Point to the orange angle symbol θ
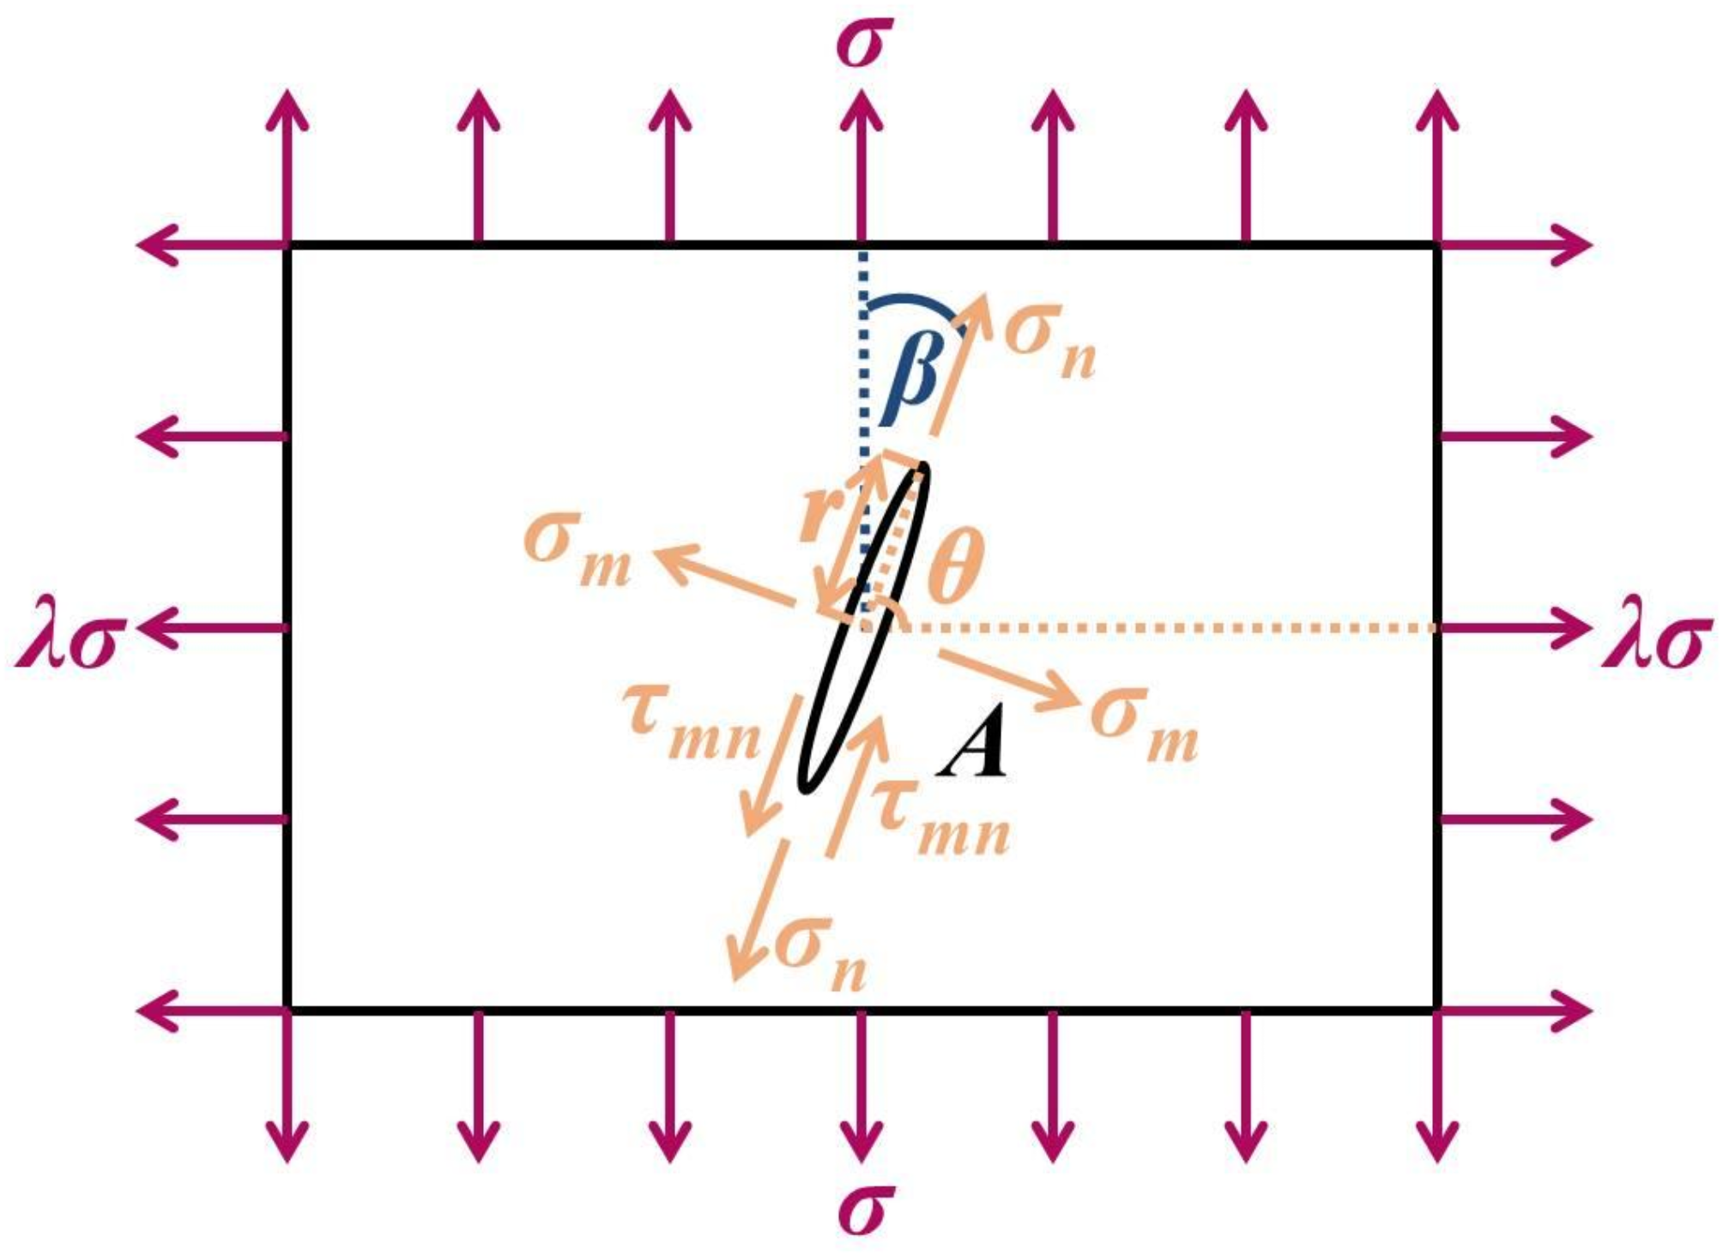point(955,566)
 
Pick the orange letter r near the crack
point(819,515)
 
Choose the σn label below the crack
point(819,952)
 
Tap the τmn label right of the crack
point(940,819)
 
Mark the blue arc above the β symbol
point(914,304)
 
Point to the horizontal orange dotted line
point(1158,628)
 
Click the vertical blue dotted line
point(863,360)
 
